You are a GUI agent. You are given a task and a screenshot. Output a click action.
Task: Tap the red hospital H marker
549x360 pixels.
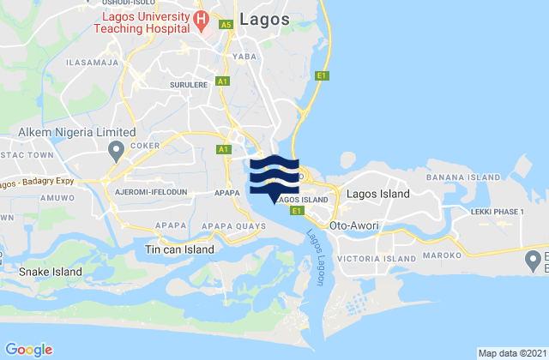[x=201, y=18]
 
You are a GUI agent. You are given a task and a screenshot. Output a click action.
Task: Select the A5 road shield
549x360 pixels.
[x=226, y=26]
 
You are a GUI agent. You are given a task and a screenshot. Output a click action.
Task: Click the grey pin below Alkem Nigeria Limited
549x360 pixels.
[x=116, y=152]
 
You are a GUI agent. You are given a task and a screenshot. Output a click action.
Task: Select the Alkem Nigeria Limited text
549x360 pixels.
[x=77, y=133]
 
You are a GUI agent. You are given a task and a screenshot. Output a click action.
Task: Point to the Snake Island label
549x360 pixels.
[x=51, y=273]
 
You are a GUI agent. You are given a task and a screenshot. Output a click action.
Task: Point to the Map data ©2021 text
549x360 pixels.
[x=511, y=352]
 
